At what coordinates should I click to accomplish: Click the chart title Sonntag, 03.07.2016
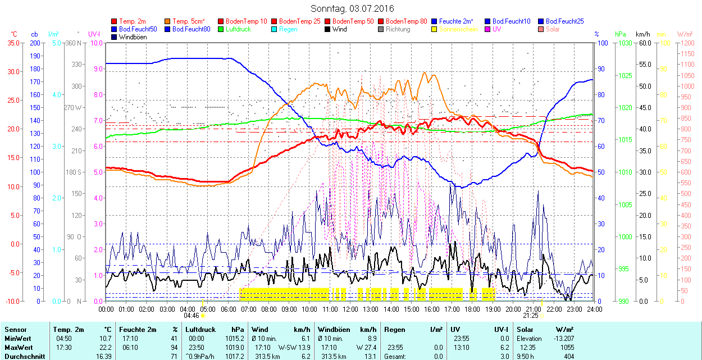coord(352,9)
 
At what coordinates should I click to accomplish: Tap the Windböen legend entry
coord(133,37)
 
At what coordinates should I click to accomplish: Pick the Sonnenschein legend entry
coord(458,29)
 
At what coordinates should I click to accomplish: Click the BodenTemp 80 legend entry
coord(406,21)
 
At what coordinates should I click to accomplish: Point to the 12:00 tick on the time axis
coord(350,309)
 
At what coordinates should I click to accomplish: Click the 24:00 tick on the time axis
coord(594,309)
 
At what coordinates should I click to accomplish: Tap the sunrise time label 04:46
coord(192,316)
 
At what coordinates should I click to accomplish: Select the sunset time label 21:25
coord(531,316)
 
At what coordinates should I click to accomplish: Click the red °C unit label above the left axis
coord(15,34)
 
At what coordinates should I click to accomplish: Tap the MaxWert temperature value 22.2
coord(104,348)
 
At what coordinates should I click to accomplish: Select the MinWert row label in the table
coord(17,339)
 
